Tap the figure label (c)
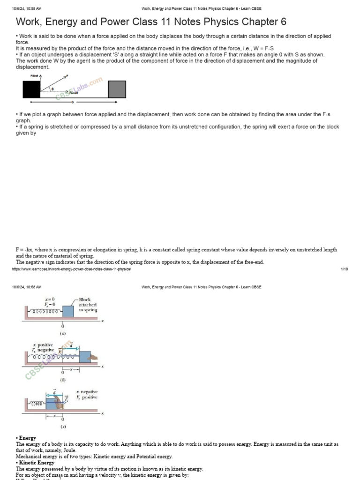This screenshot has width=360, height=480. point(62,427)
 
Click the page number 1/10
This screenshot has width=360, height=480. point(344,269)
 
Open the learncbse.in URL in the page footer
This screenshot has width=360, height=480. point(72,269)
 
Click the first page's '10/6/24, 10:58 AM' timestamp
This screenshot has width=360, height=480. point(27,8)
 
